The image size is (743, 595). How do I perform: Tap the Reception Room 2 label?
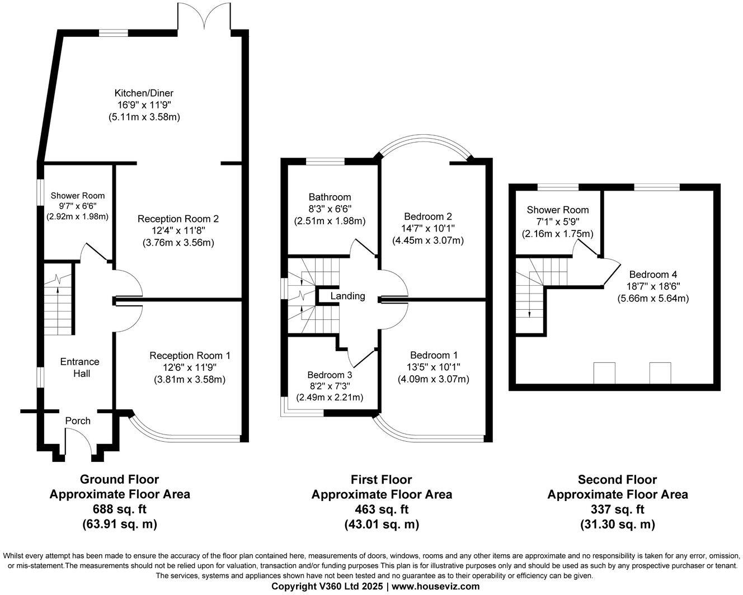click(x=178, y=219)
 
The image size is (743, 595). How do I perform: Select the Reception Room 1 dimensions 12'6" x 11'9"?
click(x=190, y=367)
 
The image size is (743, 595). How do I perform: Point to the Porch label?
click(x=78, y=421)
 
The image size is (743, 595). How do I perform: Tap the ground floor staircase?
click(x=58, y=305)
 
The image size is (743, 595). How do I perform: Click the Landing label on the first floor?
click(x=347, y=296)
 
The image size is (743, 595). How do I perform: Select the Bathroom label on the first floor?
click(x=330, y=197)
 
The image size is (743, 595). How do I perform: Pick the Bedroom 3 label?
click(x=330, y=375)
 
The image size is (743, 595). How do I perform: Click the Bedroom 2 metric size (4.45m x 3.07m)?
click(x=428, y=240)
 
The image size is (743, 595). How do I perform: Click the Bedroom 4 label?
click(x=653, y=275)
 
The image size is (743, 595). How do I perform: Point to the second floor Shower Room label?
click(x=558, y=210)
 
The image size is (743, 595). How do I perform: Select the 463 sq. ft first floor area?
click(x=381, y=509)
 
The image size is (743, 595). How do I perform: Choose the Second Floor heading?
click(x=617, y=479)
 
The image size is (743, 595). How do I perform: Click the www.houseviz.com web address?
click(x=435, y=587)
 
